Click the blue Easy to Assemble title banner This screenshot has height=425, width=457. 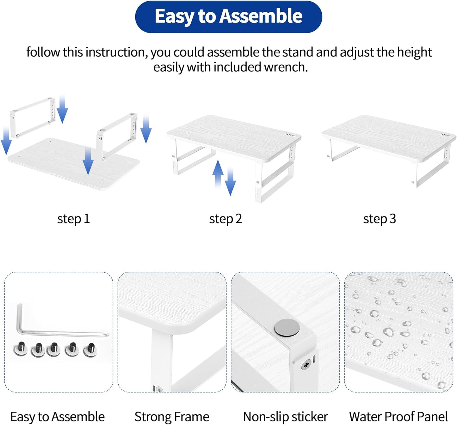click(228, 17)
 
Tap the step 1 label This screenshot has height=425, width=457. click(73, 219)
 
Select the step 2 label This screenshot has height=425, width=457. click(225, 219)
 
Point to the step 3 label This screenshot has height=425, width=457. click(379, 219)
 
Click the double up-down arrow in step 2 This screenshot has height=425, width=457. click(224, 177)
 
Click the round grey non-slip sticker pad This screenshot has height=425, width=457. click(287, 327)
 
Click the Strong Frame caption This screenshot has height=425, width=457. click(172, 417)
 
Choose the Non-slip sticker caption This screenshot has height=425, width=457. click(285, 417)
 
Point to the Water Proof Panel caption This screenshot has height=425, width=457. click(398, 417)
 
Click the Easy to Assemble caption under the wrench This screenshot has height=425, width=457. click(57, 417)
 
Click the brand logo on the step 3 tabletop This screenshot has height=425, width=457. click(445, 135)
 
